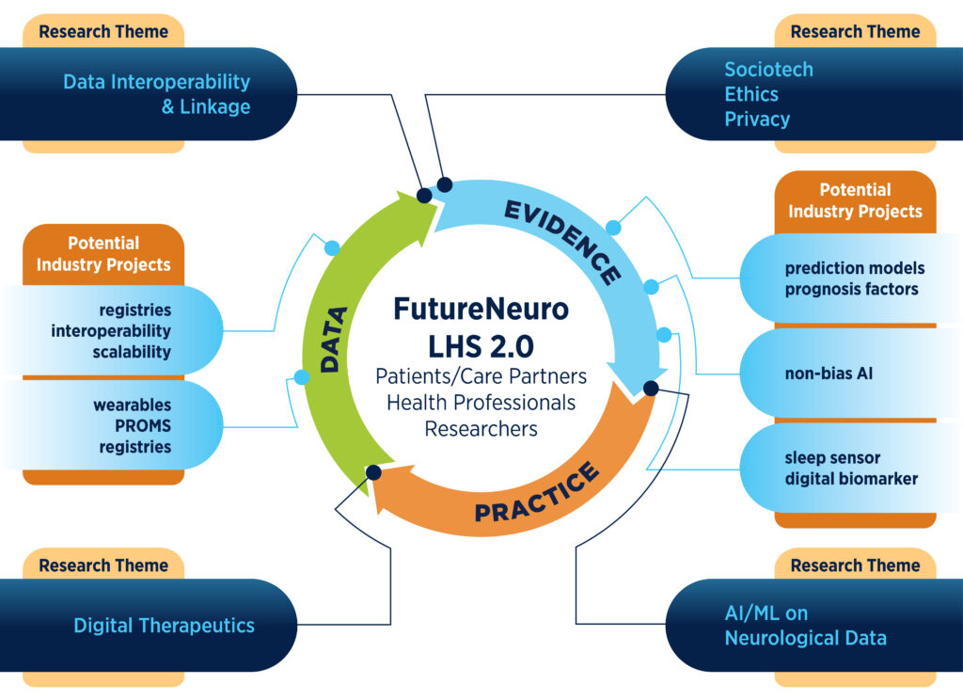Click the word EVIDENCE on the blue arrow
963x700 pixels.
click(x=562, y=241)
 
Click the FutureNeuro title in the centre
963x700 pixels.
click(x=481, y=310)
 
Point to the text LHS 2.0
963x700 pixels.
click(x=481, y=345)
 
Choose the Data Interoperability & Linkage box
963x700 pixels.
click(x=156, y=94)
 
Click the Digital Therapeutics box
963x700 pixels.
click(x=164, y=625)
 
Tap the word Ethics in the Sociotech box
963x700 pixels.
click(x=751, y=94)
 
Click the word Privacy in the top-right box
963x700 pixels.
click(x=756, y=119)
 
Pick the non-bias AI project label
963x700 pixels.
click(x=829, y=374)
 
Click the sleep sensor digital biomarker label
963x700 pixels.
click(x=851, y=469)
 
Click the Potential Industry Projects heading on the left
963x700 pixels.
click(x=103, y=254)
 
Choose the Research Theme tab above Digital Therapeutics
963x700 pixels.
click(x=103, y=565)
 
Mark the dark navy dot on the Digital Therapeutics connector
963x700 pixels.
click(x=373, y=472)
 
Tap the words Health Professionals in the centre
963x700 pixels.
click(x=481, y=402)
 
